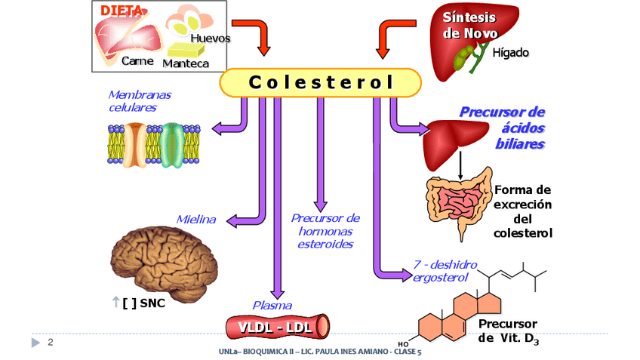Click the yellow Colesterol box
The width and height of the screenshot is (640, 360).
pos(320,82)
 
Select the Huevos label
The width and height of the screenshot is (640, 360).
pos(211,38)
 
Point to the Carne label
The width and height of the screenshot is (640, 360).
pos(138,61)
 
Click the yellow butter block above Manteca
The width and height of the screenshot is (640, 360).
pos(186,50)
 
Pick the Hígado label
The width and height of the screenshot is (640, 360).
pos(511,53)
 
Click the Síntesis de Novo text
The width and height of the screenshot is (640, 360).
pos(469,26)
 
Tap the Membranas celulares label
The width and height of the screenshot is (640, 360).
pos(140,101)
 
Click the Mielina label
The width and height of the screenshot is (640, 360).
pos(196,220)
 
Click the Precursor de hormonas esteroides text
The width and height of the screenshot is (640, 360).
pos(325,231)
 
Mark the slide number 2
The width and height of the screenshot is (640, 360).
pos(51,343)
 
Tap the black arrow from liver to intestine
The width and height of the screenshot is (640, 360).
pos(460,165)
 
